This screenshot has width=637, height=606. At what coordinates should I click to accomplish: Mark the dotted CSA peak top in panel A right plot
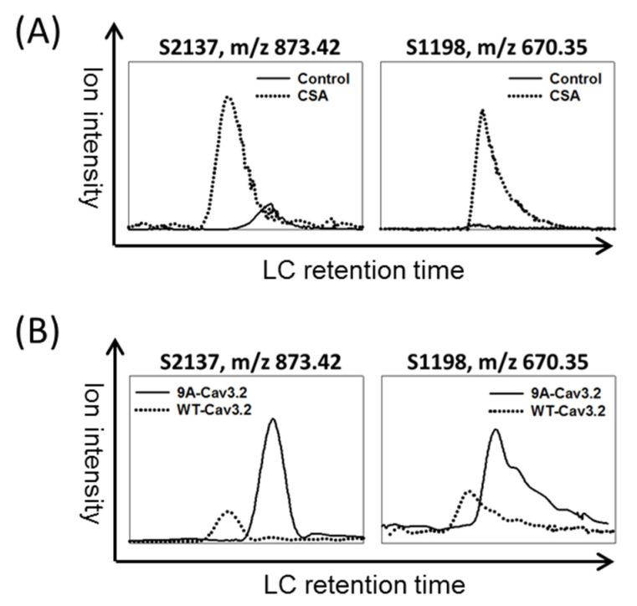coord(482,110)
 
